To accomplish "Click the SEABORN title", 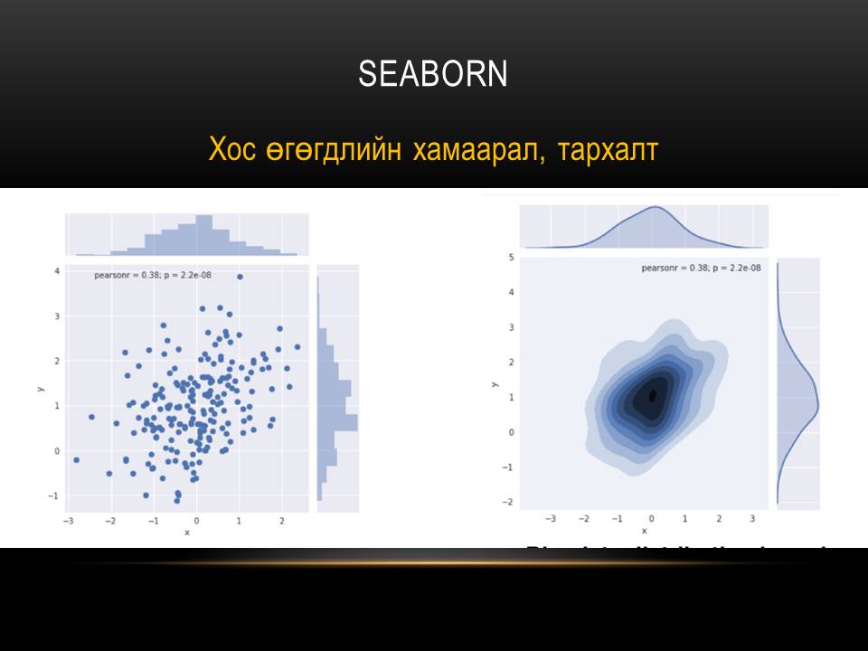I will point(433,74).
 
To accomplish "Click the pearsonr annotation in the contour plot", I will point(701,268).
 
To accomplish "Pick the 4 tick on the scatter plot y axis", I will point(57,271).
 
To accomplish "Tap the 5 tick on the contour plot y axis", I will point(511,258).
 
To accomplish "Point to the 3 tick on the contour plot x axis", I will point(752,520).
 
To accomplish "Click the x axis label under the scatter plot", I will point(187,533).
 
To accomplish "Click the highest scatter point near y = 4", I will point(240,277).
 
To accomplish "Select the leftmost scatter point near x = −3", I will point(76,460).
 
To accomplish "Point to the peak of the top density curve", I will point(655,208).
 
